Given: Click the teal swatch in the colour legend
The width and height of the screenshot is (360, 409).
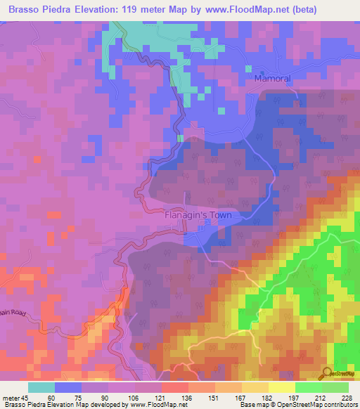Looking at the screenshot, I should pyautogui.click(x=41, y=388).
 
